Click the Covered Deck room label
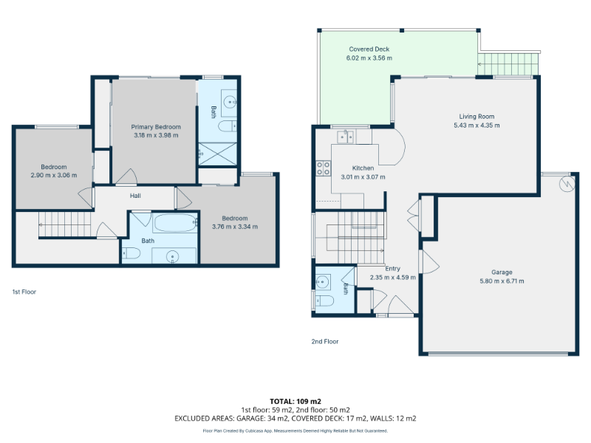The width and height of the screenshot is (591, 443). (x=369, y=49)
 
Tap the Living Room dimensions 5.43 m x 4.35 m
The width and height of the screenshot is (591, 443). (x=476, y=126)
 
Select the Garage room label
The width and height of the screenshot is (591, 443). (x=502, y=272)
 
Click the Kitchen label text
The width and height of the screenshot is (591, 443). (x=363, y=168)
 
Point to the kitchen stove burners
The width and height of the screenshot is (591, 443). (x=324, y=168)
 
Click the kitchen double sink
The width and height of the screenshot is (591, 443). (x=345, y=137)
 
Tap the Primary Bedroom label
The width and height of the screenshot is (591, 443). (x=156, y=127)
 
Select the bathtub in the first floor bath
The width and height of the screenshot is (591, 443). (x=175, y=223)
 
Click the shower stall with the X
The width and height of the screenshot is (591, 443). (x=217, y=154)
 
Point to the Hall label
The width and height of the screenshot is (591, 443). (x=135, y=196)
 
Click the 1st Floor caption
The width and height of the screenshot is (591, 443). (x=24, y=292)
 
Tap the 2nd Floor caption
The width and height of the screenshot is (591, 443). (x=325, y=341)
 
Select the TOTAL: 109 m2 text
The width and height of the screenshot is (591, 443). (x=295, y=401)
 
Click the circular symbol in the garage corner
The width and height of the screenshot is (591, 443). (x=567, y=184)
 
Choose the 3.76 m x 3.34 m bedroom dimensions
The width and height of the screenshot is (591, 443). (x=235, y=227)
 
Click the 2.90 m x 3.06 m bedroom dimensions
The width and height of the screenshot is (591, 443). (x=53, y=175)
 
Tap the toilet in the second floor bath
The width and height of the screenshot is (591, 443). (x=325, y=301)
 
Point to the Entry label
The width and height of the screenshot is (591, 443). (x=392, y=269)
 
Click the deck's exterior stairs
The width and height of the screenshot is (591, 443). (x=508, y=64)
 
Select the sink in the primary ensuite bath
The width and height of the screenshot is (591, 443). (x=229, y=102)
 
